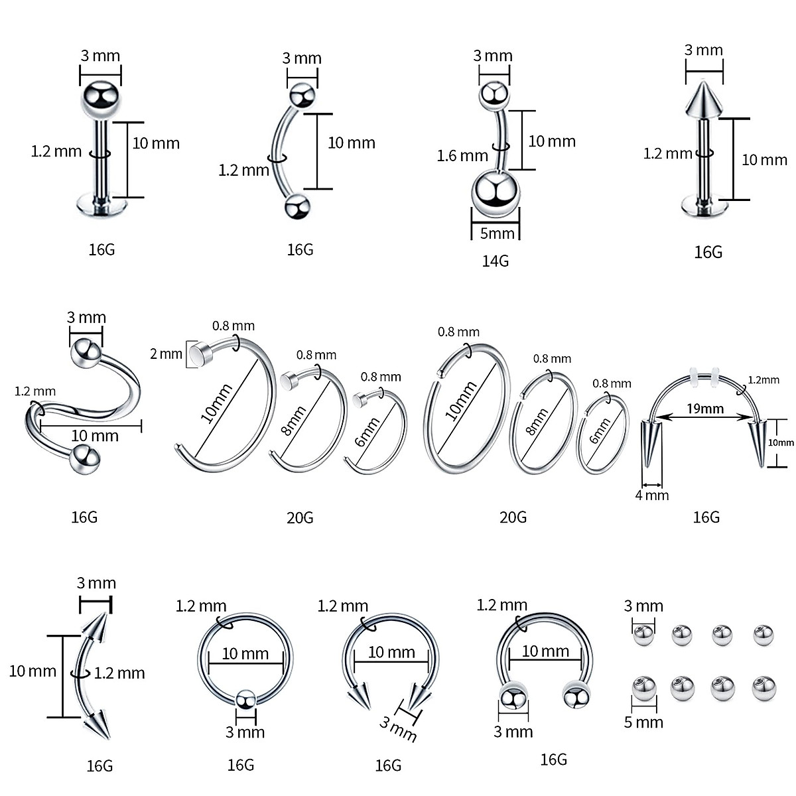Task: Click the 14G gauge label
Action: click(496, 261)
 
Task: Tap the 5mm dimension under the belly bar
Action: click(497, 233)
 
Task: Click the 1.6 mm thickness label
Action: click(462, 156)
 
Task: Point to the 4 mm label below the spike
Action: click(652, 495)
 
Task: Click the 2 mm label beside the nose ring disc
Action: click(166, 354)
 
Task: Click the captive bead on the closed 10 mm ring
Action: click(246, 699)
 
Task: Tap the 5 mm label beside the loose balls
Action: click(643, 722)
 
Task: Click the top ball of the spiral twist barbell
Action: click(86, 351)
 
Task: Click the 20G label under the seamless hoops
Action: click(513, 517)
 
